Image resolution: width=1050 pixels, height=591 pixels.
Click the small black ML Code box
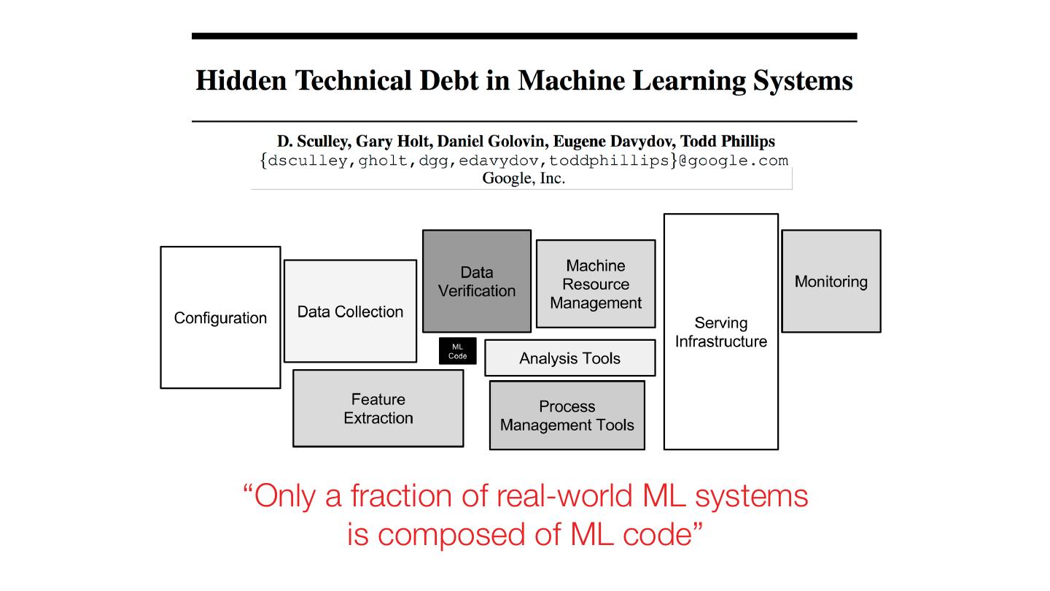pyautogui.click(x=457, y=351)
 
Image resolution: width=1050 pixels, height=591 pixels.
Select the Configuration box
pyautogui.click(x=220, y=317)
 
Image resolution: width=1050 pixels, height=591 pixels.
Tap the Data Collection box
pyautogui.click(x=350, y=312)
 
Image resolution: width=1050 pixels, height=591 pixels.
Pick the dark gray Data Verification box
pyautogui.click(x=477, y=282)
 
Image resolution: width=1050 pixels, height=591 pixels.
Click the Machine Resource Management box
pyautogui.click(x=596, y=284)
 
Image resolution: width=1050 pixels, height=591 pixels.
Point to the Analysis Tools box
pyautogui.click(x=569, y=358)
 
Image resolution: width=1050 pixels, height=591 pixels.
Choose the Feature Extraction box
pyautogui.click(x=378, y=409)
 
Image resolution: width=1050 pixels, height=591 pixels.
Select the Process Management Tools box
pyautogui.click(x=567, y=416)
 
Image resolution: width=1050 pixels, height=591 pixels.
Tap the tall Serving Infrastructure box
pyautogui.click(x=720, y=332)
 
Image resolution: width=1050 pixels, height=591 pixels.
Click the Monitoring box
pyautogui.click(x=831, y=282)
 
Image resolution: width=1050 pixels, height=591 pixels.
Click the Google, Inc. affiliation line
pyautogui.click(x=524, y=178)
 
